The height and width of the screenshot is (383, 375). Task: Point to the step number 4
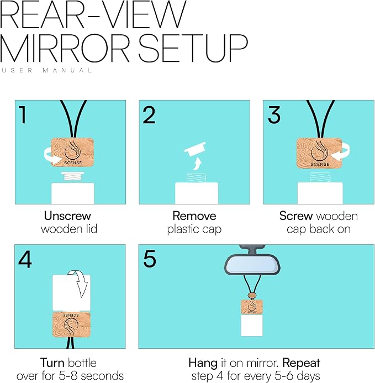[x=25, y=260]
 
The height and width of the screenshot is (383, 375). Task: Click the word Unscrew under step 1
[x=67, y=216]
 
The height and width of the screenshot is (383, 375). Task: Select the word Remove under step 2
[x=194, y=216]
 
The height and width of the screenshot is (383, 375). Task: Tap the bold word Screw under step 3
[x=296, y=216]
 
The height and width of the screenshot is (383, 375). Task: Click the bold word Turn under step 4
[x=52, y=363]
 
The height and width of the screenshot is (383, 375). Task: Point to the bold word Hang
[x=203, y=363]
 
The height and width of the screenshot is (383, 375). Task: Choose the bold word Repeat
[x=301, y=363]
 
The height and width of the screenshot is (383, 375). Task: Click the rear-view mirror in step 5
[x=252, y=264]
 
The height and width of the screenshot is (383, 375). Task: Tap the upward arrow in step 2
[x=196, y=164]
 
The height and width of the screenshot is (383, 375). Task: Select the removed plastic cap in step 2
[x=195, y=149]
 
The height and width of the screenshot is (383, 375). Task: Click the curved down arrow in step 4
[x=78, y=283]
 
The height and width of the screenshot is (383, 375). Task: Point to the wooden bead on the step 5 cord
[x=252, y=296]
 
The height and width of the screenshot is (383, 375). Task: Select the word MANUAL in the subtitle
[x=67, y=71]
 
